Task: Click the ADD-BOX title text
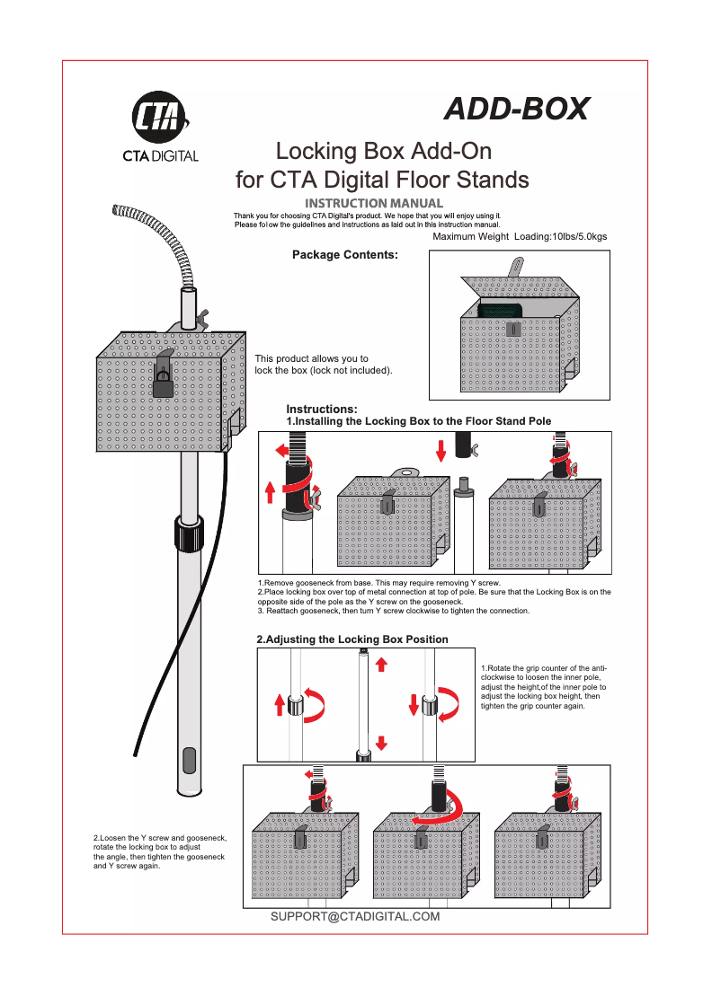(517, 109)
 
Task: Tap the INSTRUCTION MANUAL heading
(374, 204)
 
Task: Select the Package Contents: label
(344, 255)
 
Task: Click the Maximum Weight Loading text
(520, 236)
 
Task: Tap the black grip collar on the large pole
(190, 535)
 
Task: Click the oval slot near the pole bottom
(188, 760)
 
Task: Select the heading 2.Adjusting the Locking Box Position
(352, 639)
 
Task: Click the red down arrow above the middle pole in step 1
(440, 450)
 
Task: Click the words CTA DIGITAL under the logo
(160, 156)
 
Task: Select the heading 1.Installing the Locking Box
(418, 421)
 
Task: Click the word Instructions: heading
(322, 410)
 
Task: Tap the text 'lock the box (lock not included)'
(324, 370)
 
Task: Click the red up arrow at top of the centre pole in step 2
(381, 664)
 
